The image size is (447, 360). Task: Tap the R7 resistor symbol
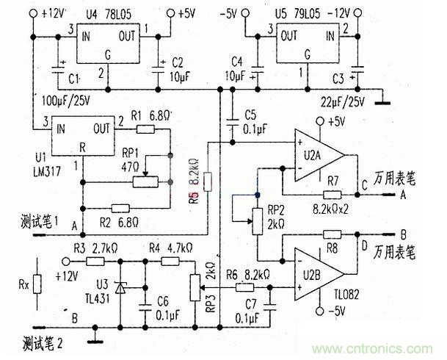[332, 195]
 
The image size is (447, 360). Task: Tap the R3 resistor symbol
[98, 260]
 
